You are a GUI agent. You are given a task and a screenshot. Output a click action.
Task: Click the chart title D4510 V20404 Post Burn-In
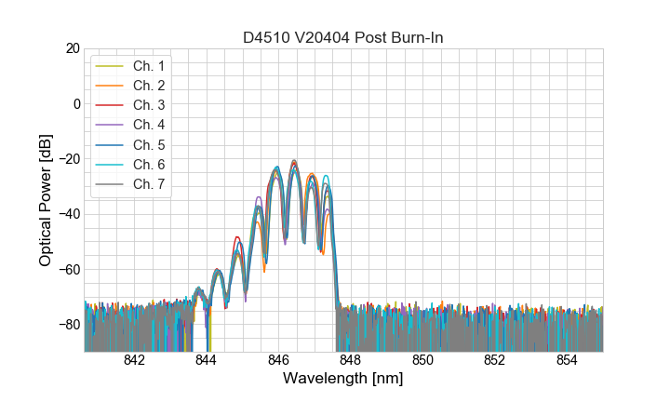(x=343, y=37)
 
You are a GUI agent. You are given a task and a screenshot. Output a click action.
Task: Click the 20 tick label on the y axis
(x=72, y=48)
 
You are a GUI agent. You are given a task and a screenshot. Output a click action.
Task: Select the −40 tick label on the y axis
(x=68, y=214)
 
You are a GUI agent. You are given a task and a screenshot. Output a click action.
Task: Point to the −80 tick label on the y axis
(x=68, y=325)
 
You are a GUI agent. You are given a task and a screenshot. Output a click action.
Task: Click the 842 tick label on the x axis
(x=134, y=360)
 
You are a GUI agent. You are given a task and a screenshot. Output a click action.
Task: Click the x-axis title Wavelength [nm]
(x=343, y=379)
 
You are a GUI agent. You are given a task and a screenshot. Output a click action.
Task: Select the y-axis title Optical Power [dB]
(x=46, y=200)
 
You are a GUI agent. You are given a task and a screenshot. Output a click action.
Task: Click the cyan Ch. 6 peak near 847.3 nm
(x=326, y=176)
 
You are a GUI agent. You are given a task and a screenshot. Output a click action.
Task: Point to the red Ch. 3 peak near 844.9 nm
(x=238, y=237)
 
